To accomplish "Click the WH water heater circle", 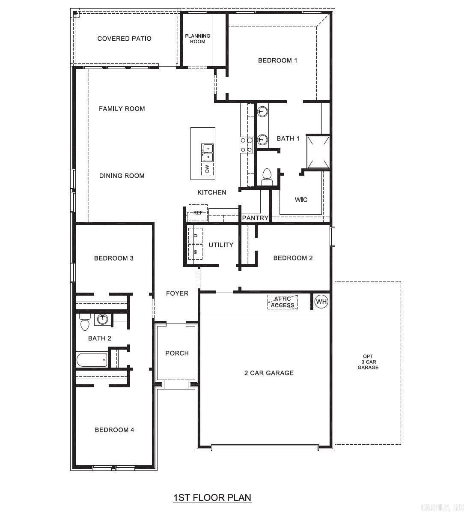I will point(321,302).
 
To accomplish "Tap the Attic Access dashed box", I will point(283,302).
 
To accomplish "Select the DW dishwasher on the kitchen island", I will point(208,169).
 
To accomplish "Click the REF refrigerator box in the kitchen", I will point(198,213).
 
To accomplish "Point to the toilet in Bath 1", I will point(267,177).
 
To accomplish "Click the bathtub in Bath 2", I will point(92,360).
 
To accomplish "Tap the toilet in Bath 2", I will point(84,321).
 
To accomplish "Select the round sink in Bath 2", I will point(103,319).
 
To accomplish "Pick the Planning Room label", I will point(197,39).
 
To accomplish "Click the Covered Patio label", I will point(124,39).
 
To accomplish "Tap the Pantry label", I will point(255,218).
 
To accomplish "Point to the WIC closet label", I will point(301,200).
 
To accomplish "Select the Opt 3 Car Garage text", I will point(368,362).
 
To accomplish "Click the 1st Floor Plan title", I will point(212,497).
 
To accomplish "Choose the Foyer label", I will point(177,293).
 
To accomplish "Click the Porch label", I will point(177,353).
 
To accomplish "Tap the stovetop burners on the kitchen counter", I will point(247,145).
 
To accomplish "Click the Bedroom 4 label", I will point(114,430).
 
